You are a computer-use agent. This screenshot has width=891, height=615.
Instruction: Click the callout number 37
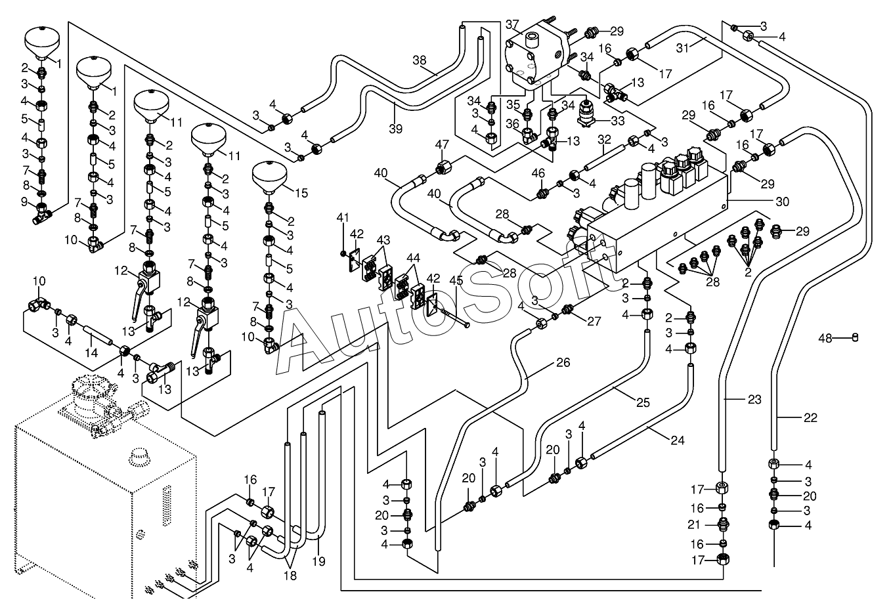[512, 25]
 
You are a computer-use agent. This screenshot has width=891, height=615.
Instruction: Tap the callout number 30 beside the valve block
[782, 202]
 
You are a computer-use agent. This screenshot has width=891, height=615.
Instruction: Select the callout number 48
[825, 338]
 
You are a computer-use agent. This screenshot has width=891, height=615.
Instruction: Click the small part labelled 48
[856, 338]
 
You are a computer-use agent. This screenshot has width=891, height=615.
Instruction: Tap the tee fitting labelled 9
[41, 213]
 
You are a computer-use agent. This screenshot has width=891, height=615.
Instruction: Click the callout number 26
[563, 362]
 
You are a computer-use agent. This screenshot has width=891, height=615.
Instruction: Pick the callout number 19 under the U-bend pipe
[318, 562]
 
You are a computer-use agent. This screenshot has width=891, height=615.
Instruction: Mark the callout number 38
[420, 60]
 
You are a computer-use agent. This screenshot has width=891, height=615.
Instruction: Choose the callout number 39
[395, 129]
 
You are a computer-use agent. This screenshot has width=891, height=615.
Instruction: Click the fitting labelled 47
[443, 167]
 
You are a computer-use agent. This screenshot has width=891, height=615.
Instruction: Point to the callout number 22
[810, 418]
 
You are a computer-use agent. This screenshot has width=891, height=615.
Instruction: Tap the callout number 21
[694, 525]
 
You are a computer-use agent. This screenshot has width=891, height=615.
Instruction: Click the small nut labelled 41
[343, 253]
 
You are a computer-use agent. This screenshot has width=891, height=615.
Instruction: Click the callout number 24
[678, 440]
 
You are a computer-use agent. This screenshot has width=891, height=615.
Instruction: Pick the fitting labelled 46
[540, 194]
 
